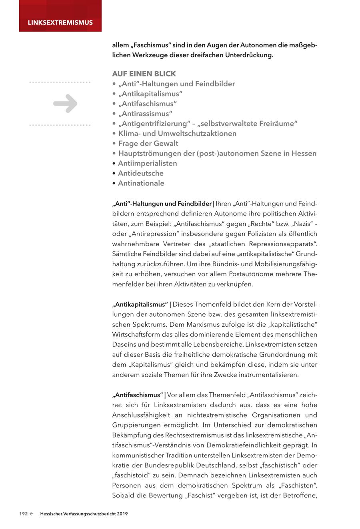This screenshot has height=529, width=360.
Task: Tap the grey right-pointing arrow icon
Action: (x=65, y=104)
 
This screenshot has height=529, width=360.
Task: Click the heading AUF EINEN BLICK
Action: (x=144, y=74)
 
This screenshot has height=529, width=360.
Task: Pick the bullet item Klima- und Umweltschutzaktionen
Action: (x=177, y=134)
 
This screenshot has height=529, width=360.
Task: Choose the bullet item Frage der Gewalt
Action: (x=148, y=144)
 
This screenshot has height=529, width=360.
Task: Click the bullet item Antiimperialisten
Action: (x=147, y=163)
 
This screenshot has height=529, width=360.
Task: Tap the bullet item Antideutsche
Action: (x=140, y=173)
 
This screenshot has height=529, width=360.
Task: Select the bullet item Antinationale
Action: (x=141, y=183)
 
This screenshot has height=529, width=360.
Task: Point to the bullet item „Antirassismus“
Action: (x=145, y=114)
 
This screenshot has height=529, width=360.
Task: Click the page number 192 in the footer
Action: (x=24, y=514)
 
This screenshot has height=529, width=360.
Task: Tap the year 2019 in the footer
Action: (x=122, y=514)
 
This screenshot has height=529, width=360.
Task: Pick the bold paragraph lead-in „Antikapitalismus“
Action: (x=140, y=304)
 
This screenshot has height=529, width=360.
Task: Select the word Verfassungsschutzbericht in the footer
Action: (x=91, y=514)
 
